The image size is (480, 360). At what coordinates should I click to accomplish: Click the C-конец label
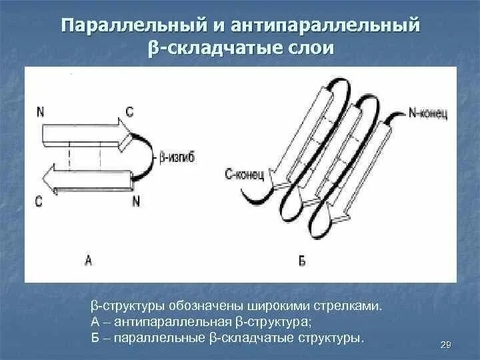245,175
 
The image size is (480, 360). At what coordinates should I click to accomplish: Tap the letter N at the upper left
41,112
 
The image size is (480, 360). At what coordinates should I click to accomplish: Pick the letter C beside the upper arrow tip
129,111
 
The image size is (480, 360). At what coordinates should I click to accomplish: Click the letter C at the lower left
39,200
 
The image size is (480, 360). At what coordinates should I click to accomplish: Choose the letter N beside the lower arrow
135,201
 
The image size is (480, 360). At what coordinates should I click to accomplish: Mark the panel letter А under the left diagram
88,260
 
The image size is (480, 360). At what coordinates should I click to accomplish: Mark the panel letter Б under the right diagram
302,261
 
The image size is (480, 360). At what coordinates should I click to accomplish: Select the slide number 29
447,344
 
